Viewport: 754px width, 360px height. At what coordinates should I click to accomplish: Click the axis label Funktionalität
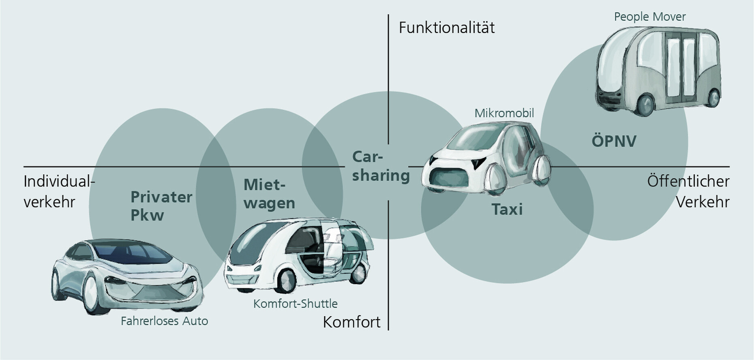pos(447,28)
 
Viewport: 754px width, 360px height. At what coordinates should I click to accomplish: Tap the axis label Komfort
pos(351,322)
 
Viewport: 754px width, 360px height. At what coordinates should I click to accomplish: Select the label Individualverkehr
pos(59,191)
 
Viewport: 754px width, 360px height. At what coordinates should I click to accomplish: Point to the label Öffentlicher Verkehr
pos(688,191)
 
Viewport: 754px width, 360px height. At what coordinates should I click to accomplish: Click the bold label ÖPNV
pos(614,141)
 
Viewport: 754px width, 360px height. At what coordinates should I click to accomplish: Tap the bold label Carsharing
pos(380,167)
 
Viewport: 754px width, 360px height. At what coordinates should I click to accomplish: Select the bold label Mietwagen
pos(269,194)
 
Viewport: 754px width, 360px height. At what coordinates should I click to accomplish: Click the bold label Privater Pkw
pos(161,206)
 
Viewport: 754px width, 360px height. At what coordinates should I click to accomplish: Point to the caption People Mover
pos(649,17)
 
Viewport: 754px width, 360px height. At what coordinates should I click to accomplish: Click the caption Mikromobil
pos(504,113)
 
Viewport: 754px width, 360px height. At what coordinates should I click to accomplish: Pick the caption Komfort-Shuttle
pos(295,304)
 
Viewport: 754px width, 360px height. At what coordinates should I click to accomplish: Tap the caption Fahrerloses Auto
pos(164,321)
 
